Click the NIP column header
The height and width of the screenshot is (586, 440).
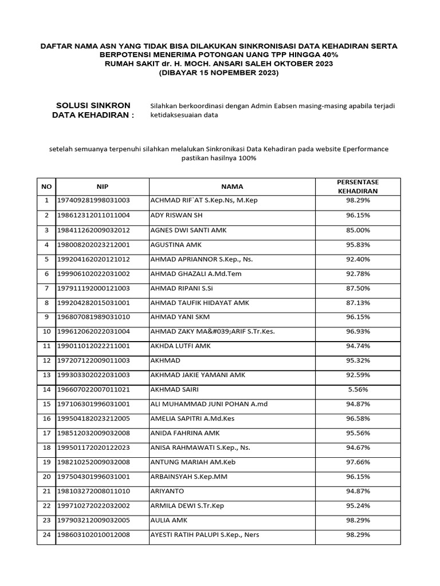[x=102, y=187]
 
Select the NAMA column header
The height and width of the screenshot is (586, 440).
[x=232, y=187]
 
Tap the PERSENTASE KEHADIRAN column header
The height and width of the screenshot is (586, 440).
[x=357, y=187]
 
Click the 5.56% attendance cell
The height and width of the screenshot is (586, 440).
[x=357, y=390]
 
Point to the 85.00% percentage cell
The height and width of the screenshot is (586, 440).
[x=357, y=230]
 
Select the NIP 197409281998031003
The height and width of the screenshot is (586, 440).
[x=93, y=201]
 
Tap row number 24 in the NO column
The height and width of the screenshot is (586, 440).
[x=46, y=535]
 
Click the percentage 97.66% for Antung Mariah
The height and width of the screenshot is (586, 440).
[x=357, y=462]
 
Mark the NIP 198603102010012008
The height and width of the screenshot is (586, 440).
[x=93, y=535]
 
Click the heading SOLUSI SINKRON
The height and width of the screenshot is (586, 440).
[x=93, y=105]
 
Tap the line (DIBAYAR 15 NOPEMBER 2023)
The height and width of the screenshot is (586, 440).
[x=218, y=73]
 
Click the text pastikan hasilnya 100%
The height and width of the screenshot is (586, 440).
[x=218, y=158]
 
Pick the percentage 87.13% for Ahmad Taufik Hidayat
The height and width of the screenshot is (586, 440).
[x=357, y=303]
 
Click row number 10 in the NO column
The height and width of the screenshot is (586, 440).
[x=46, y=331]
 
